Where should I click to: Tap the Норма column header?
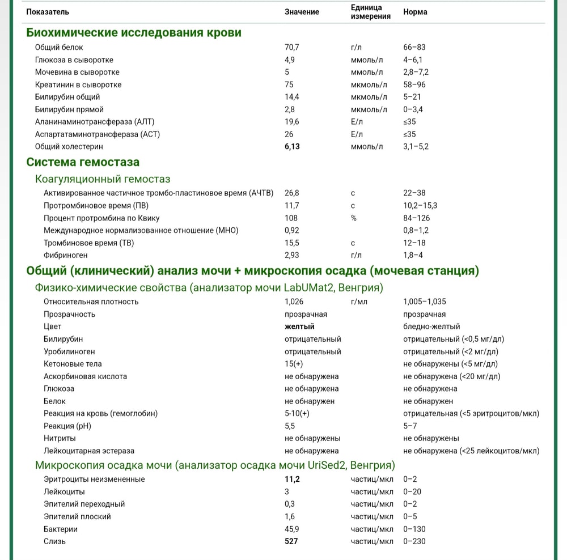(x=415, y=12)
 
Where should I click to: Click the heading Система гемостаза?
(x=83, y=162)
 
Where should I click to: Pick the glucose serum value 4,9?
(x=290, y=60)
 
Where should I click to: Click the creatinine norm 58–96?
(x=414, y=84)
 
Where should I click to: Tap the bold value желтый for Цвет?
(x=299, y=326)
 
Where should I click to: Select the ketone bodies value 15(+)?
(x=294, y=364)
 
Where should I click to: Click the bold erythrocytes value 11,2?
(x=292, y=479)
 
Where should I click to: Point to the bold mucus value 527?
(x=291, y=541)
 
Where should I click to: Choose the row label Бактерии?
(x=61, y=529)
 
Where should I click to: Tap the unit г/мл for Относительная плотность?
(x=359, y=302)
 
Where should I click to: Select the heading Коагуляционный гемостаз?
(x=103, y=180)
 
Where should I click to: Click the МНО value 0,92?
(x=291, y=230)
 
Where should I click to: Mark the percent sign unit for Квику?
(x=354, y=218)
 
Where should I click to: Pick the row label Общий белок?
(x=59, y=47)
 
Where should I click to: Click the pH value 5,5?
(x=290, y=426)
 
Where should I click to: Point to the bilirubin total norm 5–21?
(x=412, y=97)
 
